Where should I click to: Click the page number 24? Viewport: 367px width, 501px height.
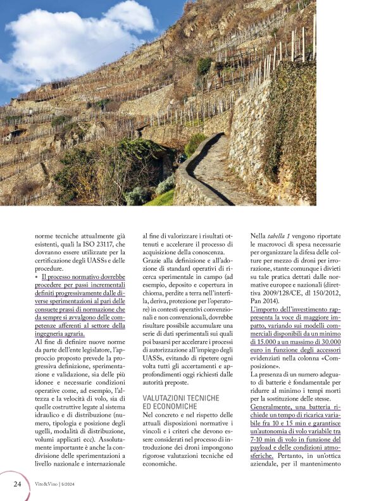coord(18,484)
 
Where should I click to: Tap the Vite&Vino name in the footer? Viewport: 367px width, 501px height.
coord(46,484)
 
